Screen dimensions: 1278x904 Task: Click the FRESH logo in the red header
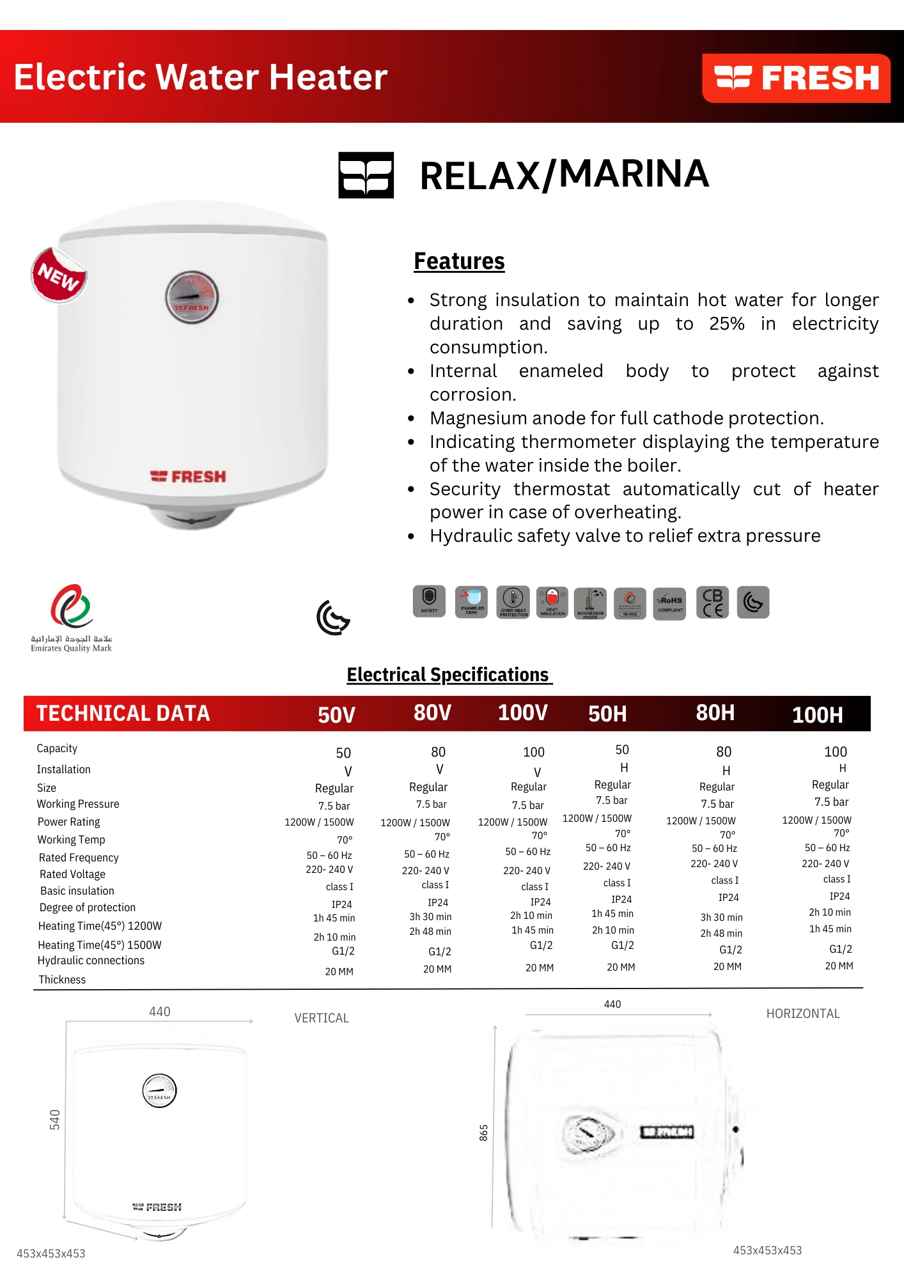click(796, 78)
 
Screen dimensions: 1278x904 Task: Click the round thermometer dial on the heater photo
click(192, 297)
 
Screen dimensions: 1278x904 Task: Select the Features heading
click(459, 261)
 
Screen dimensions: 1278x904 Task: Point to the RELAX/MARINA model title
click(564, 174)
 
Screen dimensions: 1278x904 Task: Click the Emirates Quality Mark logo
click(72, 617)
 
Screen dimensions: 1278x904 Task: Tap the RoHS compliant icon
click(669, 603)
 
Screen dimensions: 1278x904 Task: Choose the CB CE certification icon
click(712, 603)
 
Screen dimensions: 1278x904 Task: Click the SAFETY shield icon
click(429, 601)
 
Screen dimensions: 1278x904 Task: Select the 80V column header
click(432, 712)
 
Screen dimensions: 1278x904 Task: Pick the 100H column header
click(817, 714)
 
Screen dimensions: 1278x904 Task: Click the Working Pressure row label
click(78, 804)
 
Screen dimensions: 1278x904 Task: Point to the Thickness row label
click(62, 980)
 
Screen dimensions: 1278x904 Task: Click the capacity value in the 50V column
click(343, 753)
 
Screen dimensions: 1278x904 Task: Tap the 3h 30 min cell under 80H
click(721, 917)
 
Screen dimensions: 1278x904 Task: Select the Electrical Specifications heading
click(448, 675)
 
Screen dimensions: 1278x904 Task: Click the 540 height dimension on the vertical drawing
click(55, 1120)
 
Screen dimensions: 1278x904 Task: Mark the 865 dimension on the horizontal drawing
click(484, 1133)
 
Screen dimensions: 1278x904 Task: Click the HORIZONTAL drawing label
click(803, 1013)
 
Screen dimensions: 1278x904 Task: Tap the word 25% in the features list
click(726, 324)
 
